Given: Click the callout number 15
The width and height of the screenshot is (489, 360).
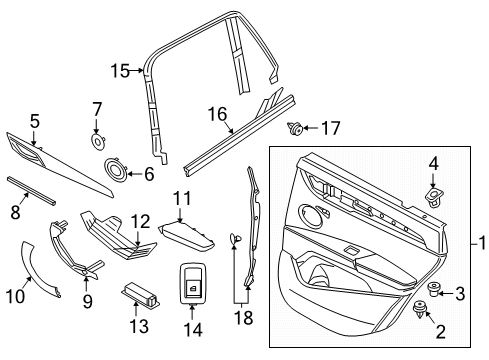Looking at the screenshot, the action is pos(120,71).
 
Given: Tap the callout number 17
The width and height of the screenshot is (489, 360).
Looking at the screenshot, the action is pos(331,128).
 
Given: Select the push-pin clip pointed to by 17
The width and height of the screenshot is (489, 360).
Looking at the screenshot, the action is pos(295,129).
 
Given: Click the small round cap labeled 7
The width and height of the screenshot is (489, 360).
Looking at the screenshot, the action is pos(99,142).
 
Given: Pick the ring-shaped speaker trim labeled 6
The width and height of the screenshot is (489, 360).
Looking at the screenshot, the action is pos(116,168).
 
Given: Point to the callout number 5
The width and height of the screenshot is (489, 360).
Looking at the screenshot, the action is pos(35,121).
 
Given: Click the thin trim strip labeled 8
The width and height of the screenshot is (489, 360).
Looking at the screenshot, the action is pos(31,191).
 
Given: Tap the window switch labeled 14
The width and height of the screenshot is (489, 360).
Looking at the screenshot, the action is pos(193,283).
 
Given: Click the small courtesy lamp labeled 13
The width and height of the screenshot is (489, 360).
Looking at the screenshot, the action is pos(140,294).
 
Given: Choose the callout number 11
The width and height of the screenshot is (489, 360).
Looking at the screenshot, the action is pos(182,199).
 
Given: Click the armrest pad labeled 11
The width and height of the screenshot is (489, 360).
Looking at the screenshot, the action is pos(187,237).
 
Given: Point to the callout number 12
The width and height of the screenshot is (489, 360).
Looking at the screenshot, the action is pos(140,222).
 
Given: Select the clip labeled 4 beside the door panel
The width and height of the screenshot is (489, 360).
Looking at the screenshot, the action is pos(434,196).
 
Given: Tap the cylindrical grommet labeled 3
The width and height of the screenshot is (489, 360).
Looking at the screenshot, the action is pos(433,289).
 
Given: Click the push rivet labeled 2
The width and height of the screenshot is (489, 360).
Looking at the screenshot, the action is pos(418,309).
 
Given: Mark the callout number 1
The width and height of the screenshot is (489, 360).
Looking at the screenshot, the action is pos(482,244).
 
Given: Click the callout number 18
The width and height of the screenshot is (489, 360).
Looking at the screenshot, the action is pos(244,318).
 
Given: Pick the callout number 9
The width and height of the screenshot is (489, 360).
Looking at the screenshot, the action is pos(87,302).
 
